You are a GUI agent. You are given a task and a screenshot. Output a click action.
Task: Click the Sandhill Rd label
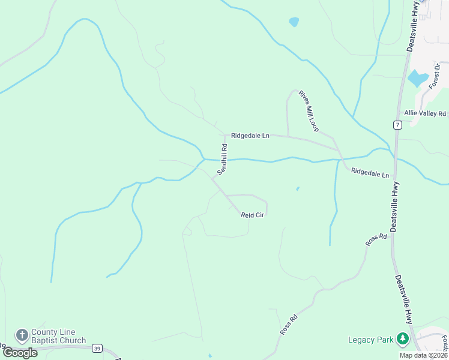coord(222,159)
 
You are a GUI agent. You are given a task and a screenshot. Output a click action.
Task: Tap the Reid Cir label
coord(253,215)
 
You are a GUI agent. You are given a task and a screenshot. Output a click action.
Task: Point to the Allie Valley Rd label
coord(425,113)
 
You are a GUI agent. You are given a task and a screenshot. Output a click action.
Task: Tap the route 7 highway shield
coord(397,125)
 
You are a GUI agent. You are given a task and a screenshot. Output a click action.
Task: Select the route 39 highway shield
coord(98,348)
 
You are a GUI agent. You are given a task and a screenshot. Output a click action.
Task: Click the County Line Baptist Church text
coord(58,336)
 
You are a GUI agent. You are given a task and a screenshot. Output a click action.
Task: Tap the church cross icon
coord(22,335)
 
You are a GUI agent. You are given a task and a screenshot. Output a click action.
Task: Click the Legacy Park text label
coord(370,340)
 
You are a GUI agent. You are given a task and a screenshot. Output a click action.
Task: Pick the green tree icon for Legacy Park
coord(402,340)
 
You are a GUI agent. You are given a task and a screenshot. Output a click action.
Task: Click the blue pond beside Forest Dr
coord(418,79)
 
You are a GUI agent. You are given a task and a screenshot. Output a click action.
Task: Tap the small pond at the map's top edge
coord(294,22)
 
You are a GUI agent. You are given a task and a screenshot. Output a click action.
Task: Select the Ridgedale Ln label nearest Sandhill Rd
coord(250,136)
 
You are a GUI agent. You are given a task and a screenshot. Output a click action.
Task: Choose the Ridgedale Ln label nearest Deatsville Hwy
coord(370,173)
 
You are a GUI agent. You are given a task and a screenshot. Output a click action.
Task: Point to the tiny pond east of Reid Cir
coord(298,189)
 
